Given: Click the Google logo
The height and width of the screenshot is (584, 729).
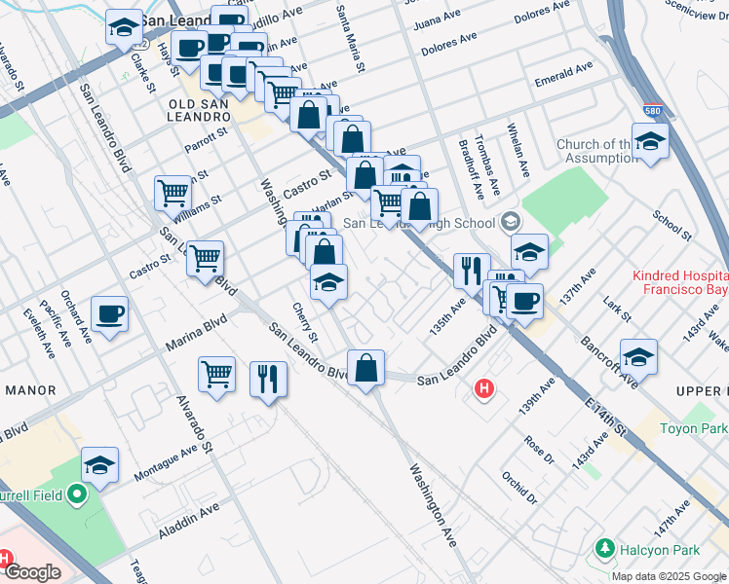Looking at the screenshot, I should tap(32, 572).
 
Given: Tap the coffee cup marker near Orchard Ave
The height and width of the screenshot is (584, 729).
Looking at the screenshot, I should tap(109, 315).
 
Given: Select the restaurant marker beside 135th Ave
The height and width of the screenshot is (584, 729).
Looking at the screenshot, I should tap(472, 273).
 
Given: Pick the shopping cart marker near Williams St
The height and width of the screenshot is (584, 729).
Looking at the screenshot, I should tap(173, 193).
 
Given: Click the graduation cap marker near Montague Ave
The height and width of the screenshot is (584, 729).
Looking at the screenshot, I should tap(99, 466).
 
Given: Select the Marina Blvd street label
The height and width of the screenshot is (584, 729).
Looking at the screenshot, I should tap(195, 329).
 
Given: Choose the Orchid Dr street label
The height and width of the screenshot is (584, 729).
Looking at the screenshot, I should tap(518, 489).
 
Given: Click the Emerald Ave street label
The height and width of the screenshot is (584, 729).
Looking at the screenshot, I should tap(564, 74).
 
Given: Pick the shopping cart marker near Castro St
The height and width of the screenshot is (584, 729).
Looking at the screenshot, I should tap(206, 260).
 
